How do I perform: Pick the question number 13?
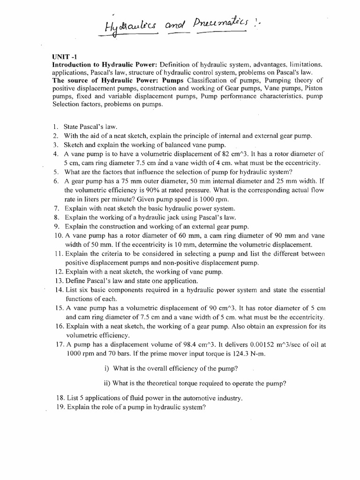click(58, 281)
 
